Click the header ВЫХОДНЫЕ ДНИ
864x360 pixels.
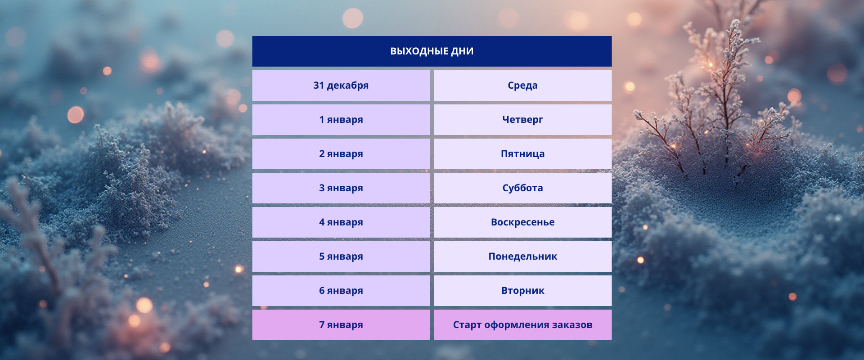(x=432, y=51)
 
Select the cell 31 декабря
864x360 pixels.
(x=341, y=85)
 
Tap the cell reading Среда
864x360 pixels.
(x=522, y=85)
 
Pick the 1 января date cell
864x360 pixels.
(x=341, y=120)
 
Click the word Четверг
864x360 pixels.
(x=522, y=120)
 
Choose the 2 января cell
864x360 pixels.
(x=341, y=154)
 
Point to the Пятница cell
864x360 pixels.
(x=522, y=154)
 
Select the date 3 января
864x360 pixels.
(x=341, y=188)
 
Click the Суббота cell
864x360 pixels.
(x=522, y=188)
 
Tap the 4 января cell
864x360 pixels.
(x=341, y=222)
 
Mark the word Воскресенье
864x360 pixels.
(x=522, y=222)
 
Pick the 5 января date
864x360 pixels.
(x=341, y=256)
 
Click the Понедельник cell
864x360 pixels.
(x=522, y=256)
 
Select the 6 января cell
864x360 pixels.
(x=341, y=291)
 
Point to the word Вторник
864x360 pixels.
(x=522, y=291)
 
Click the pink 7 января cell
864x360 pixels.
(x=341, y=325)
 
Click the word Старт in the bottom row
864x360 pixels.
(x=467, y=325)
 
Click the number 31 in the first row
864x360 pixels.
(x=319, y=85)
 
